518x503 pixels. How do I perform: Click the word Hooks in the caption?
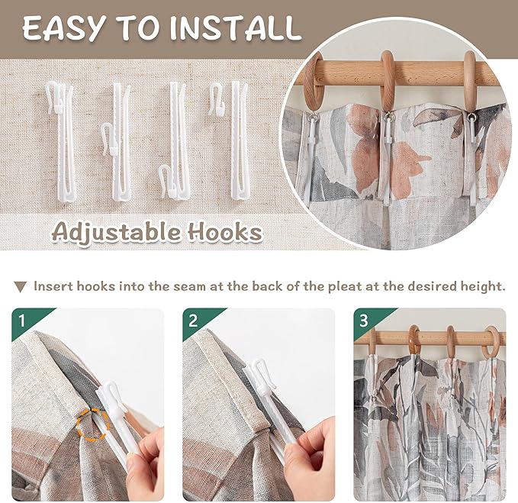pyautogui.click(x=225, y=232)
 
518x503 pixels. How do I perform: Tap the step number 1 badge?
pyautogui.click(x=22, y=321)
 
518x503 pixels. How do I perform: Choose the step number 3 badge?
pyautogui.click(x=364, y=321)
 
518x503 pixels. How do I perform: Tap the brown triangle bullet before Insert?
pyautogui.click(x=20, y=286)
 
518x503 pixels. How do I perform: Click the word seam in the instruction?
pyautogui.click(x=189, y=286)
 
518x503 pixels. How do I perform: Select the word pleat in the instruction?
pyautogui.click(x=345, y=287)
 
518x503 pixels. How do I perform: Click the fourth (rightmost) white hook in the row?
pyautogui.click(x=230, y=140)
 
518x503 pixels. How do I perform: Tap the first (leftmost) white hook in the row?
pyautogui.click(x=62, y=140)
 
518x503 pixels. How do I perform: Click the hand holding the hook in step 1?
pyautogui.click(x=146, y=463)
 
